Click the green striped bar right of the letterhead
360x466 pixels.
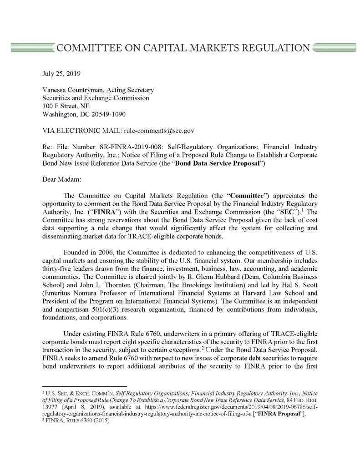click(x=329, y=47)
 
